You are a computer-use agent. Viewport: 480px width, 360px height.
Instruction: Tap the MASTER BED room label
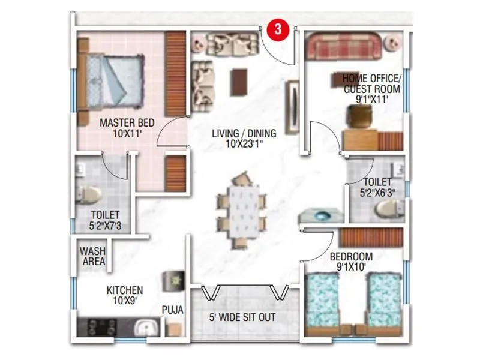coord(127,128)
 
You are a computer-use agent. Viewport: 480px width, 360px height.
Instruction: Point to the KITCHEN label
coord(124,295)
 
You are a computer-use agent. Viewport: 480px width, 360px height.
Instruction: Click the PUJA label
coord(172,310)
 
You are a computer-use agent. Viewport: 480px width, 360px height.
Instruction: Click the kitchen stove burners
coord(103,327)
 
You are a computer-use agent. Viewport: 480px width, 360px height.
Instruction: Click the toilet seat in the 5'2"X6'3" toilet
coord(386,208)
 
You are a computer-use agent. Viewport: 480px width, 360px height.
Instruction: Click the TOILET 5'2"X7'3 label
coord(105,220)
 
